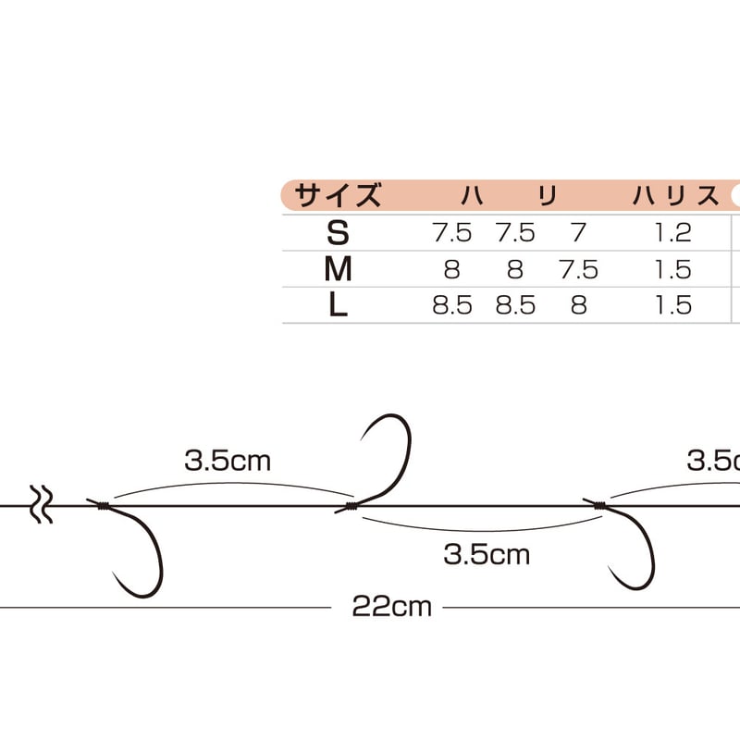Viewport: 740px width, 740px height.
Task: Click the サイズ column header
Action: [338, 195]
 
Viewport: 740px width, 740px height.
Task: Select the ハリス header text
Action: [675, 196]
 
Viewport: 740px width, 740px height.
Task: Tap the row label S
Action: [338, 233]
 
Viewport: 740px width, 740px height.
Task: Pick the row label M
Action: [338, 269]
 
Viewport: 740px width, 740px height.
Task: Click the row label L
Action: [338, 305]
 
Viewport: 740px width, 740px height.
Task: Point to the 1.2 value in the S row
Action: [673, 233]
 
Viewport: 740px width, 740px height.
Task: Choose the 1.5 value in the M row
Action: [673, 269]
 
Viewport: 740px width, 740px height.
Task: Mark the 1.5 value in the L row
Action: [673, 305]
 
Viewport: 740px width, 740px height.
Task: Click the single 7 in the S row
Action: [579, 233]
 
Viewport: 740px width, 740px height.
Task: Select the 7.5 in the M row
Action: [579, 269]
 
